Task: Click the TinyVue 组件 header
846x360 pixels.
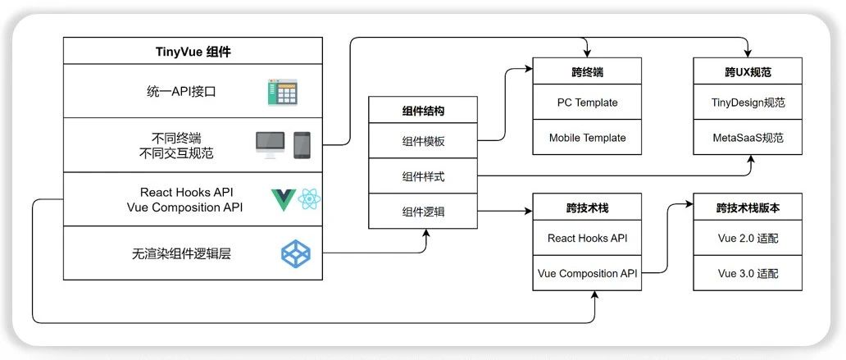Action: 193,51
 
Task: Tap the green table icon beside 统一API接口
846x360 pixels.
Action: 282,92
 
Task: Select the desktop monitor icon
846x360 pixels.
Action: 271,145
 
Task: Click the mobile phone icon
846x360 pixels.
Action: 302,145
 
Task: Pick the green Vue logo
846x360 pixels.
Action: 284,199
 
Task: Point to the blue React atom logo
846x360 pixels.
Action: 310,198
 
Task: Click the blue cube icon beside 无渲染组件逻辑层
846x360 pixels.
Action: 295,253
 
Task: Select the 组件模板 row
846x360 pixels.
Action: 423,141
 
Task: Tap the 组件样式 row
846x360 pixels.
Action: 423,176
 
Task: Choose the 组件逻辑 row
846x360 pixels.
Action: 423,212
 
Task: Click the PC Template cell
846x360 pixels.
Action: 587,103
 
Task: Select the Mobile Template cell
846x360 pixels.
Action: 587,138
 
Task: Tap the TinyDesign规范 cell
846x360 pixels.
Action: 748,103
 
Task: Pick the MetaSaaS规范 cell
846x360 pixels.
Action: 748,138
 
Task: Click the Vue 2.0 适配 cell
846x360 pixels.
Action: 748,239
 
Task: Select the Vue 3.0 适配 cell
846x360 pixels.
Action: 748,273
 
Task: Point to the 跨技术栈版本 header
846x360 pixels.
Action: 748,208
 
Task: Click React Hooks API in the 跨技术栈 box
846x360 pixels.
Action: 587,239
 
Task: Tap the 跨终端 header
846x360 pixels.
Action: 587,72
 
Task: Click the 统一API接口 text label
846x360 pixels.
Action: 175,91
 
